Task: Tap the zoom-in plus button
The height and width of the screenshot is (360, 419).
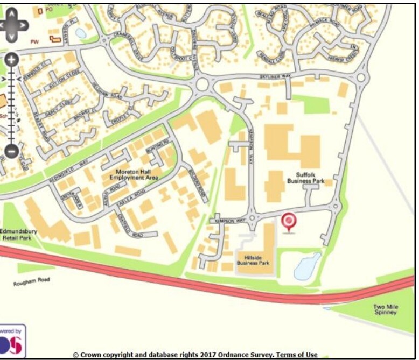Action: [12, 59]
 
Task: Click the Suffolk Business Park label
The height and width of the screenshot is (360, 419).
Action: [305, 178]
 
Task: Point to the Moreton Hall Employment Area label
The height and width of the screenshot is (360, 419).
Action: [134, 174]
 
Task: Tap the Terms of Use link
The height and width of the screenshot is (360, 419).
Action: [297, 355]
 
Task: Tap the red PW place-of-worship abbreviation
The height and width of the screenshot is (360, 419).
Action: [35, 41]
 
